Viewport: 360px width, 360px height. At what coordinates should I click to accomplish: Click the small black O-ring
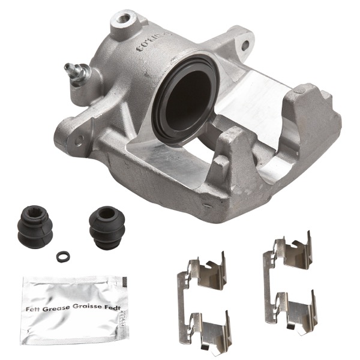point(61,256)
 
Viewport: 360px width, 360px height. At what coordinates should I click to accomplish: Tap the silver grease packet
point(74,307)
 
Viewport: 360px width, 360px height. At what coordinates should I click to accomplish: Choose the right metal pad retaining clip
point(289,283)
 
